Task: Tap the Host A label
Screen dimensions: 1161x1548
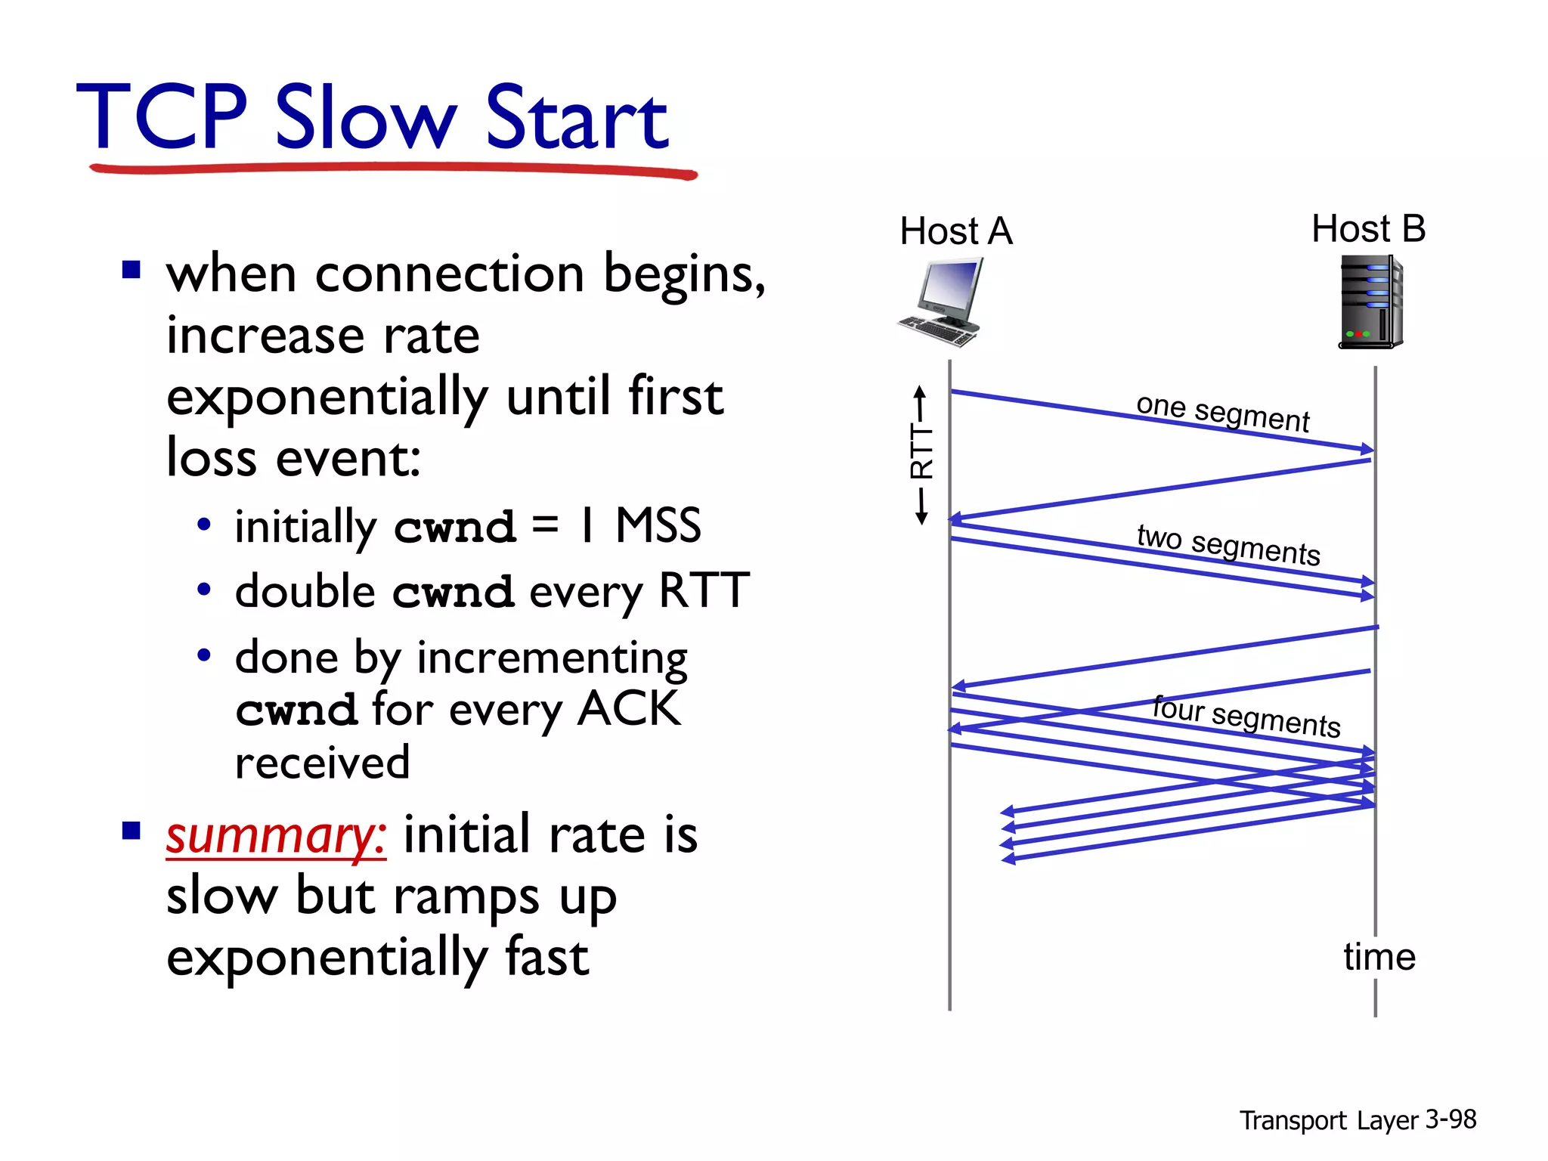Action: coord(955,231)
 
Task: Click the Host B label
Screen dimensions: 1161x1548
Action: coord(1368,228)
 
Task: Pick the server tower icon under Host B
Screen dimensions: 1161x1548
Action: coord(1370,302)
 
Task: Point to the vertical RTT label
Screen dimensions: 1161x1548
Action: coord(921,452)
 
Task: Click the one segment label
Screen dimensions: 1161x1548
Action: coord(1222,413)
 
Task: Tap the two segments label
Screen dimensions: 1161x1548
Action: coord(1228,543)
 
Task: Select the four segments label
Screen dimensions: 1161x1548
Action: coord(1246,715)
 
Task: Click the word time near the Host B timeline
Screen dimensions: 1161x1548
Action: coord(1379,957)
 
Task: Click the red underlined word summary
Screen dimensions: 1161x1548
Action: coord(276,835)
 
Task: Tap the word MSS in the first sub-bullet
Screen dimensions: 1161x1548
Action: coord(658,525)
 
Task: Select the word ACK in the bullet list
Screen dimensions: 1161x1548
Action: coord(629,709)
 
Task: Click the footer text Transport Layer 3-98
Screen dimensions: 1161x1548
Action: coord(1357,1119)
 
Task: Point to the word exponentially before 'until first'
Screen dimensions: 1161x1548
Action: coord(327,397)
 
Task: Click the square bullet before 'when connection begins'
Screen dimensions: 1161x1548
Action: coord(132,270)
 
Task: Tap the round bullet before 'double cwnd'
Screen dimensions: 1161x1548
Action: coord(204,590)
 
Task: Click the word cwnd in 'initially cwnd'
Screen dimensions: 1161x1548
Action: coord(454,527)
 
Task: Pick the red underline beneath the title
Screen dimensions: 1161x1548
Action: coord(393,169)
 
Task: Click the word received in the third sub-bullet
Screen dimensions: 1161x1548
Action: coord(322,763)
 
